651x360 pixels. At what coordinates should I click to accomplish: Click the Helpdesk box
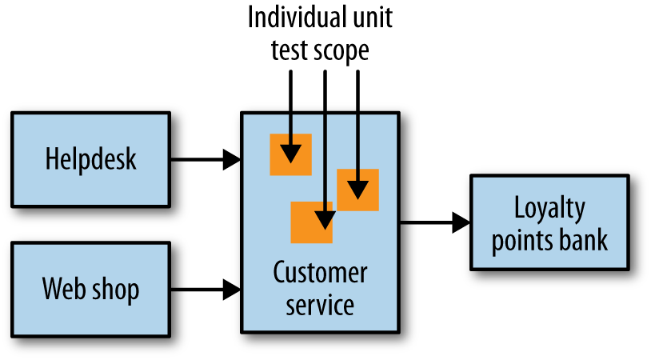90,158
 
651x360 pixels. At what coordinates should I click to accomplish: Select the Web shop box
90,288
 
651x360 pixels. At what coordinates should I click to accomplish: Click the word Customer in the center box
320,273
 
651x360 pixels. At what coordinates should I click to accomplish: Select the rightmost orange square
357,190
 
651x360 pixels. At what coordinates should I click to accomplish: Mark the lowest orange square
311,222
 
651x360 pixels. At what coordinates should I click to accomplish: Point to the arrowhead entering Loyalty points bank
461,223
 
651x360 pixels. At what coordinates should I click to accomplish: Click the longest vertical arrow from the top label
324,144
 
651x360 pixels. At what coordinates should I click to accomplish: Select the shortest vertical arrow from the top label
291,104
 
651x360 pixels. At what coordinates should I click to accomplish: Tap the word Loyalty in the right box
549,208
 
